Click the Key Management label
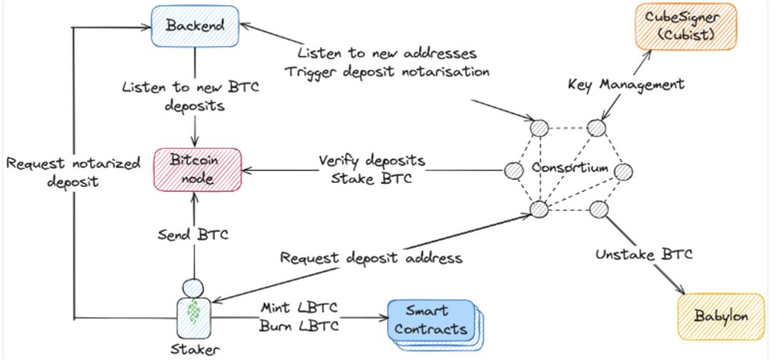tap(625, 85)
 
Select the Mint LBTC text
tap(299, 309)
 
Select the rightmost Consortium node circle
tap(621, 171)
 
